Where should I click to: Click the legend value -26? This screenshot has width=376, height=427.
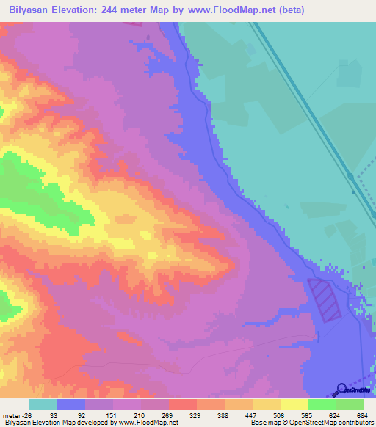[26, 415]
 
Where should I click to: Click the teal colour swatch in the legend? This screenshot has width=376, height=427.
[43, 404]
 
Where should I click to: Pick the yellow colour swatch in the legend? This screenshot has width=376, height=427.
[294, 404]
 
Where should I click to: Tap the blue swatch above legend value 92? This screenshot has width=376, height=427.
[71, 404]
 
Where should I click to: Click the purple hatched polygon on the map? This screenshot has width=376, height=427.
[324, 300]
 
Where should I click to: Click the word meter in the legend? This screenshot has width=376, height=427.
[11, 415]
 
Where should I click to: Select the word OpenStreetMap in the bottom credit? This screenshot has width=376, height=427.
[301, 423]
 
